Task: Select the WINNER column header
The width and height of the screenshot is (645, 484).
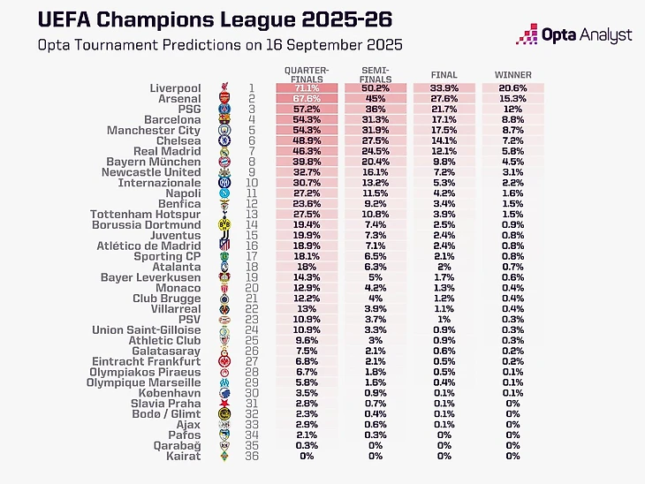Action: (x=512, y=75)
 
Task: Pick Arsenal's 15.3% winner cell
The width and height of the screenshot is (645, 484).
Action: (x=512, y=99)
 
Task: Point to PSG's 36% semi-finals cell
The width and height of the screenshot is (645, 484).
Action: (x=376, y=110)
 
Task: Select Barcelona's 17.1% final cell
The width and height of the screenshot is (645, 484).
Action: (x=444, y=119)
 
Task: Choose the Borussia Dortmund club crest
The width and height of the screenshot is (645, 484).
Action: (x=224, y=225)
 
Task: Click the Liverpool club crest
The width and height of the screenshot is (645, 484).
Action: (x=224, y=88)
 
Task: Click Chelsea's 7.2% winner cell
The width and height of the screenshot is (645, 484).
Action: (x=512, y=140)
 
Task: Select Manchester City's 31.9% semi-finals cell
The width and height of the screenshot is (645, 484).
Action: (x=376, y=130)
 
